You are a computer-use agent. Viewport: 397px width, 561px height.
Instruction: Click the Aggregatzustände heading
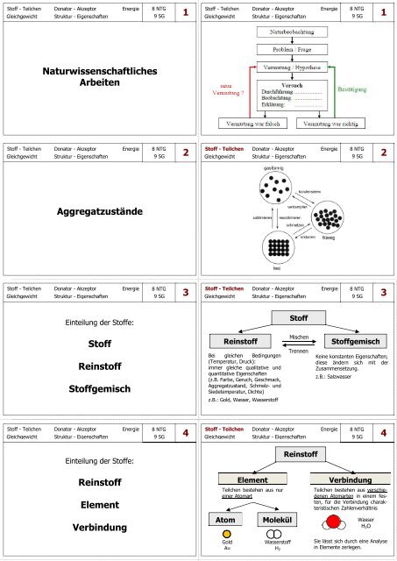pyautogui.click(x=99, y=212)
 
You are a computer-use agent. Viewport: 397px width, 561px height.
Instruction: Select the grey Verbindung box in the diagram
pyautogui.click(x=346, y=479)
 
